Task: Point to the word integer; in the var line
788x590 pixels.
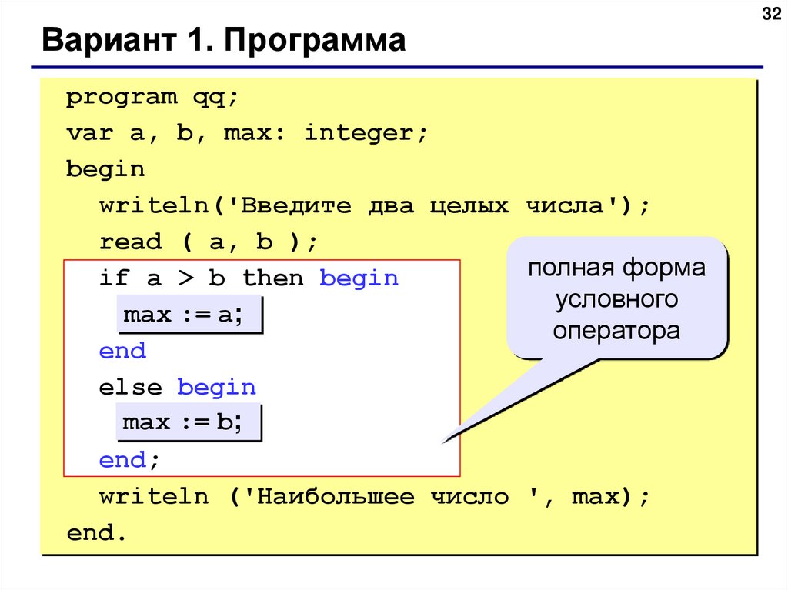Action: (365, 134)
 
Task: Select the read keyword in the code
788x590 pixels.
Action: (131, 242)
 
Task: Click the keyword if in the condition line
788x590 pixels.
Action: (114, 278)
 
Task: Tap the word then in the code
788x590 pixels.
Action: (273, 278)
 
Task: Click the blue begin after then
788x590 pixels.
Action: (359, 278)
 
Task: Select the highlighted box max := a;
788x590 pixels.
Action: (189, 315)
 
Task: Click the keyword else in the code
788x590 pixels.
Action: (131, 387)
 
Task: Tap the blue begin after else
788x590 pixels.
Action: (217, 387)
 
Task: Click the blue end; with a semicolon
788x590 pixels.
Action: (130, 460)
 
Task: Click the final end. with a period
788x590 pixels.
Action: (95, 533)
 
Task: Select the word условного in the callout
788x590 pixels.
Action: (616, 299)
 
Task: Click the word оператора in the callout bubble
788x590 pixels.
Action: (616, 331)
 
